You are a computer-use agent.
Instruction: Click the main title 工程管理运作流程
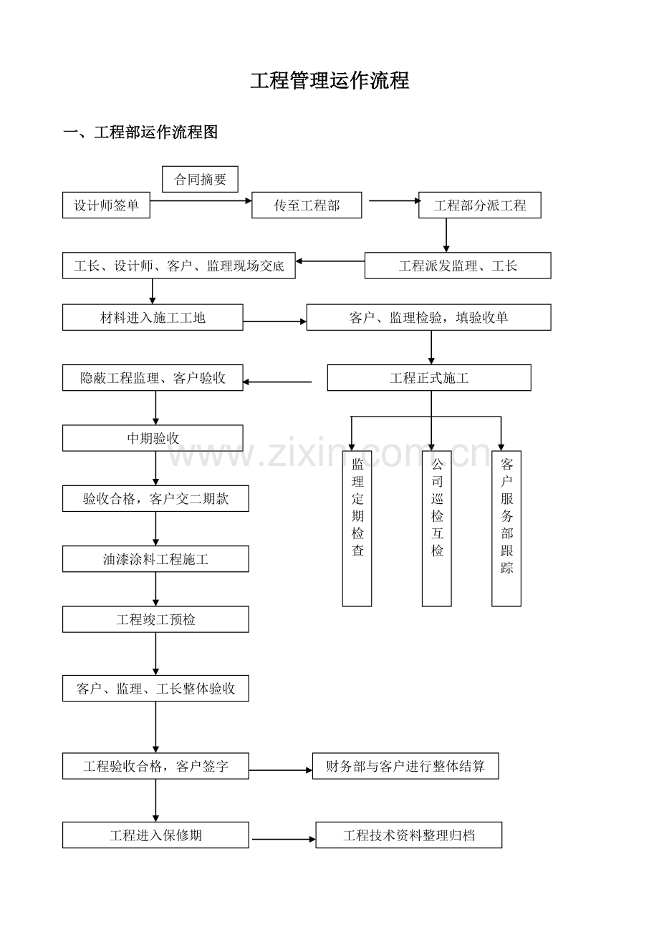tap(329, 81)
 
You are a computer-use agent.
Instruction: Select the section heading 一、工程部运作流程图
tap(140, 132)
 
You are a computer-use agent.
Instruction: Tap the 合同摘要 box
tap(200, 180)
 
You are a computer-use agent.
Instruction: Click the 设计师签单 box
tap(106, 205)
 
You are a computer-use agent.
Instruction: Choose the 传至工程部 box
tap(307, 205)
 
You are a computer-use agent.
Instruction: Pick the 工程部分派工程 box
tap(479, 205)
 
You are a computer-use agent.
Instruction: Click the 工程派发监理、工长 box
tap(458, 266)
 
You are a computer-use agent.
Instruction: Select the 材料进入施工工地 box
tap(153, 317)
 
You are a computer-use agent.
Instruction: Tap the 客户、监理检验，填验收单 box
tap(428, 317)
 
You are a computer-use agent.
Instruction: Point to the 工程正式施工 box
tap(429, 378)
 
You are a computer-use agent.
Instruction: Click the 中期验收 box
tap(153, 438)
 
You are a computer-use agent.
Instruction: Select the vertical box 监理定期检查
tap(357, 528)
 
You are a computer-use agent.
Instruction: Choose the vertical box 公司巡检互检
tap(436, 528)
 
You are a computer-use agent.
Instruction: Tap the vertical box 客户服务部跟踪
tap(506, 528)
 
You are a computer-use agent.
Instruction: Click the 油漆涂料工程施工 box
tap(155, 559)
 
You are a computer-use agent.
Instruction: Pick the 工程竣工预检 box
tap(155, 619)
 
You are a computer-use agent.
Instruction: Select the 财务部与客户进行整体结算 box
tap(405, 766)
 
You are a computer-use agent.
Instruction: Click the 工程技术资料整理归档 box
tap(409, 835)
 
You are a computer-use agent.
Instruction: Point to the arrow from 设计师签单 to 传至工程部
tap(201, 201)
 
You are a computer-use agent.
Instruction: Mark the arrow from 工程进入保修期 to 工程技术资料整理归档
tap(283, 839)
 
